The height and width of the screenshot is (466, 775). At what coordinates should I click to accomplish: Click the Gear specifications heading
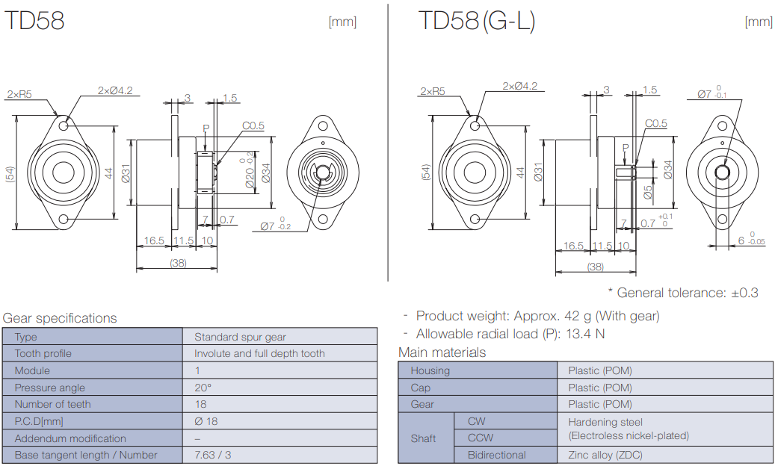click(x=60, y=318)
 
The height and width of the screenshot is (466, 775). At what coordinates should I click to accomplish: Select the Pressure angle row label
click(x=49, y=388)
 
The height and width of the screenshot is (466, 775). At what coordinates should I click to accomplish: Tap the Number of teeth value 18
click(x=201, y=404)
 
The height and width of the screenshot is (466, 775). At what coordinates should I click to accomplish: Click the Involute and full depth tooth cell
click(x=259, y=353)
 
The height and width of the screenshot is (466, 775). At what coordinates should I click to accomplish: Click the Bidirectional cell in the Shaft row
click(x=496, y=455)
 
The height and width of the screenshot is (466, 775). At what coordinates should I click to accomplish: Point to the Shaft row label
click(x=423, y=438)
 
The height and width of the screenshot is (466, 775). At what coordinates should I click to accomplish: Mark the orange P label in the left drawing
click(x=206, y=128)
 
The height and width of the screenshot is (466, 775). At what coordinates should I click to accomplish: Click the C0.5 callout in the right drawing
click(x=655, y=124)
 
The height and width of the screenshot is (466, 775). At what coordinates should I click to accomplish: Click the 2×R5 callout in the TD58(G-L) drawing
click(x=432, y=91)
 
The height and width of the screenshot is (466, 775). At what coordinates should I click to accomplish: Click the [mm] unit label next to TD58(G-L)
click(x=758, y=22)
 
